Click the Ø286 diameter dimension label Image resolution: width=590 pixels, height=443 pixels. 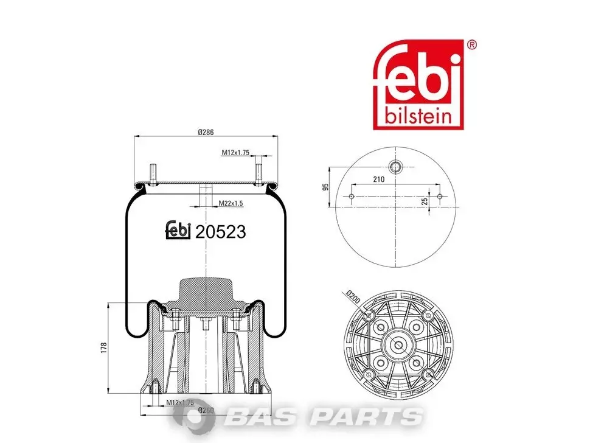click(x=206, y=132)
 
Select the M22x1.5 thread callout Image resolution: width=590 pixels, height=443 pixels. click(x=231, y=203)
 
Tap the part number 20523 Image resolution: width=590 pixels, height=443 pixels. click(x=221, y=232)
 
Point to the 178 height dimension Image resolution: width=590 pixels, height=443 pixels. click(x=104, y=347)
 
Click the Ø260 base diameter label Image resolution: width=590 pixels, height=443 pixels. click(x=206, y=410)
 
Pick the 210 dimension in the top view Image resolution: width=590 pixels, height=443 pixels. click(x=378, y=179)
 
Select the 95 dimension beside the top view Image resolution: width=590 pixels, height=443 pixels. click(x=326, y=187)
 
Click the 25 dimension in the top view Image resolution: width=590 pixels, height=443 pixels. click(x=425, y=201)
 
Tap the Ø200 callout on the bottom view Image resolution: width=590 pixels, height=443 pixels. click(x=353, y=298)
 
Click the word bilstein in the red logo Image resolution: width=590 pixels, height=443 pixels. click(x=418, y=116)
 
